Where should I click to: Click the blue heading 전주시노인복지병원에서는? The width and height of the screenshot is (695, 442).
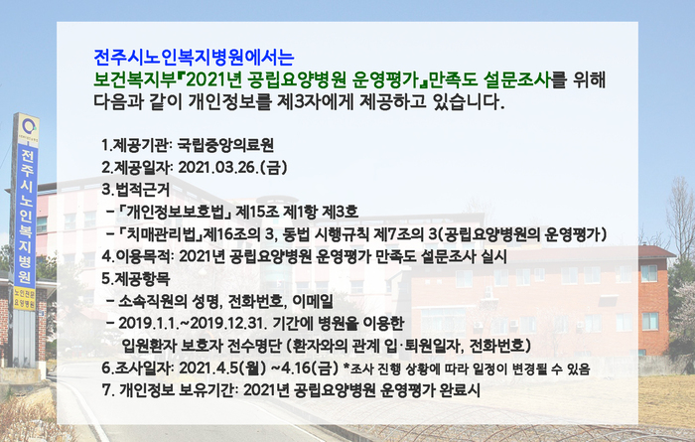tap(194, 57)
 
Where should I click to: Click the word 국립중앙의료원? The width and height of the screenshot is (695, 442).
tap(225, 145)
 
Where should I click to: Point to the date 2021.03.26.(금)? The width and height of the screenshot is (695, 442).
tap(232, 168)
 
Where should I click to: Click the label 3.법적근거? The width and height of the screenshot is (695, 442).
tap(136, 190)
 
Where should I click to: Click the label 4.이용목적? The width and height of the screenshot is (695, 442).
tap(137, 256)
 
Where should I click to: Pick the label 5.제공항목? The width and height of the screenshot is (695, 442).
tap(136, 279)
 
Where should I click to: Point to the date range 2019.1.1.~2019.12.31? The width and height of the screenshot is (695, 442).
tap(193, 324)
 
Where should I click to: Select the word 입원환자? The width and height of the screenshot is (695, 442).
tap(149, 346)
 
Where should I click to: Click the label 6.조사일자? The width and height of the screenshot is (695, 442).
tap(137, 368)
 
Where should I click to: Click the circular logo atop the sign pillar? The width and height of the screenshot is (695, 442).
tap(29, 128)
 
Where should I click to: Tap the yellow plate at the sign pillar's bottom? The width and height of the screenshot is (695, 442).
tap(25, 298)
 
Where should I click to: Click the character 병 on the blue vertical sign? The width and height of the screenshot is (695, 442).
tap(26, 260)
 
